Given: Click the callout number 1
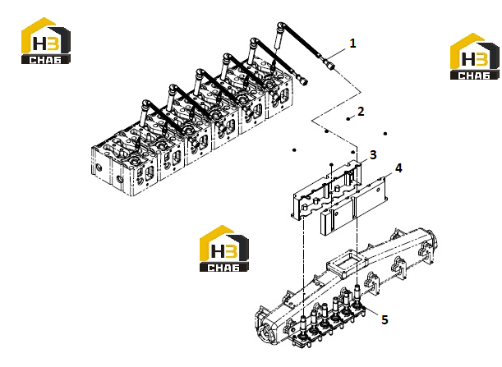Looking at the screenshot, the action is [352, 44].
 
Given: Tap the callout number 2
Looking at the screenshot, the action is [361, 112].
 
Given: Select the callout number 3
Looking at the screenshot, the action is [373, 155].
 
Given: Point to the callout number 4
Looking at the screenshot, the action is [398, 168].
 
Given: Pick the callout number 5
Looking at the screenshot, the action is [385, 319].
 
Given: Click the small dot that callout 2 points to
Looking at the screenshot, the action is [348, 119].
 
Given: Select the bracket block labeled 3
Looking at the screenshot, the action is [326, 191].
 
